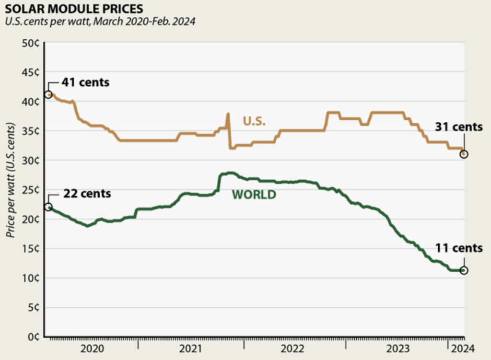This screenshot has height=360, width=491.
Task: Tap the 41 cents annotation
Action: pyautogui.click(x=85, y=82)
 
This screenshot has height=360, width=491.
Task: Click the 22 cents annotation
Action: pyautogui.click(x=86, y=194)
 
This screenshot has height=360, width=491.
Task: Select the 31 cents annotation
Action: pyautogui.click(x=458, y=127)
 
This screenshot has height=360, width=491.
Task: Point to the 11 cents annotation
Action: pyautogui.click(x=458, y=248)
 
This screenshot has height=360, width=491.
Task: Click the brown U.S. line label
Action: pyautogui.click(x=254, y=121)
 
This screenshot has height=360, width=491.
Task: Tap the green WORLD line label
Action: pyautogui.click(x=254, y=195)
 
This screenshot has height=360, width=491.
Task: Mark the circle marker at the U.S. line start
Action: pyautogui.click(x=48, y=95)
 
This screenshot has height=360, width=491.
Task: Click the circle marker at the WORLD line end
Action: pyautogui.click(x=464, y=270)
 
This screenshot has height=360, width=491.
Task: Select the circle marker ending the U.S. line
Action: pyautogui.click(x=464, y=154)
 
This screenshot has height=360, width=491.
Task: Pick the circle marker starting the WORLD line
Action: pyautogui.click(x=48, y=207)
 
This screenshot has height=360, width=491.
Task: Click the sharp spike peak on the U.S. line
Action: pyautogui.click(x=228, y=114)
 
